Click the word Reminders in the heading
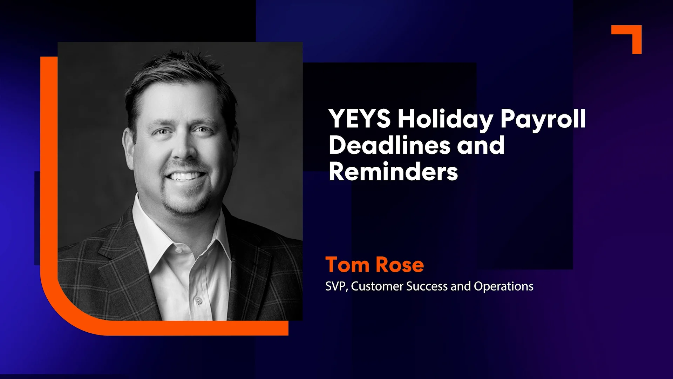click(x=393, y=172)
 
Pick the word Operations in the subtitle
click(x=503, y=286)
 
